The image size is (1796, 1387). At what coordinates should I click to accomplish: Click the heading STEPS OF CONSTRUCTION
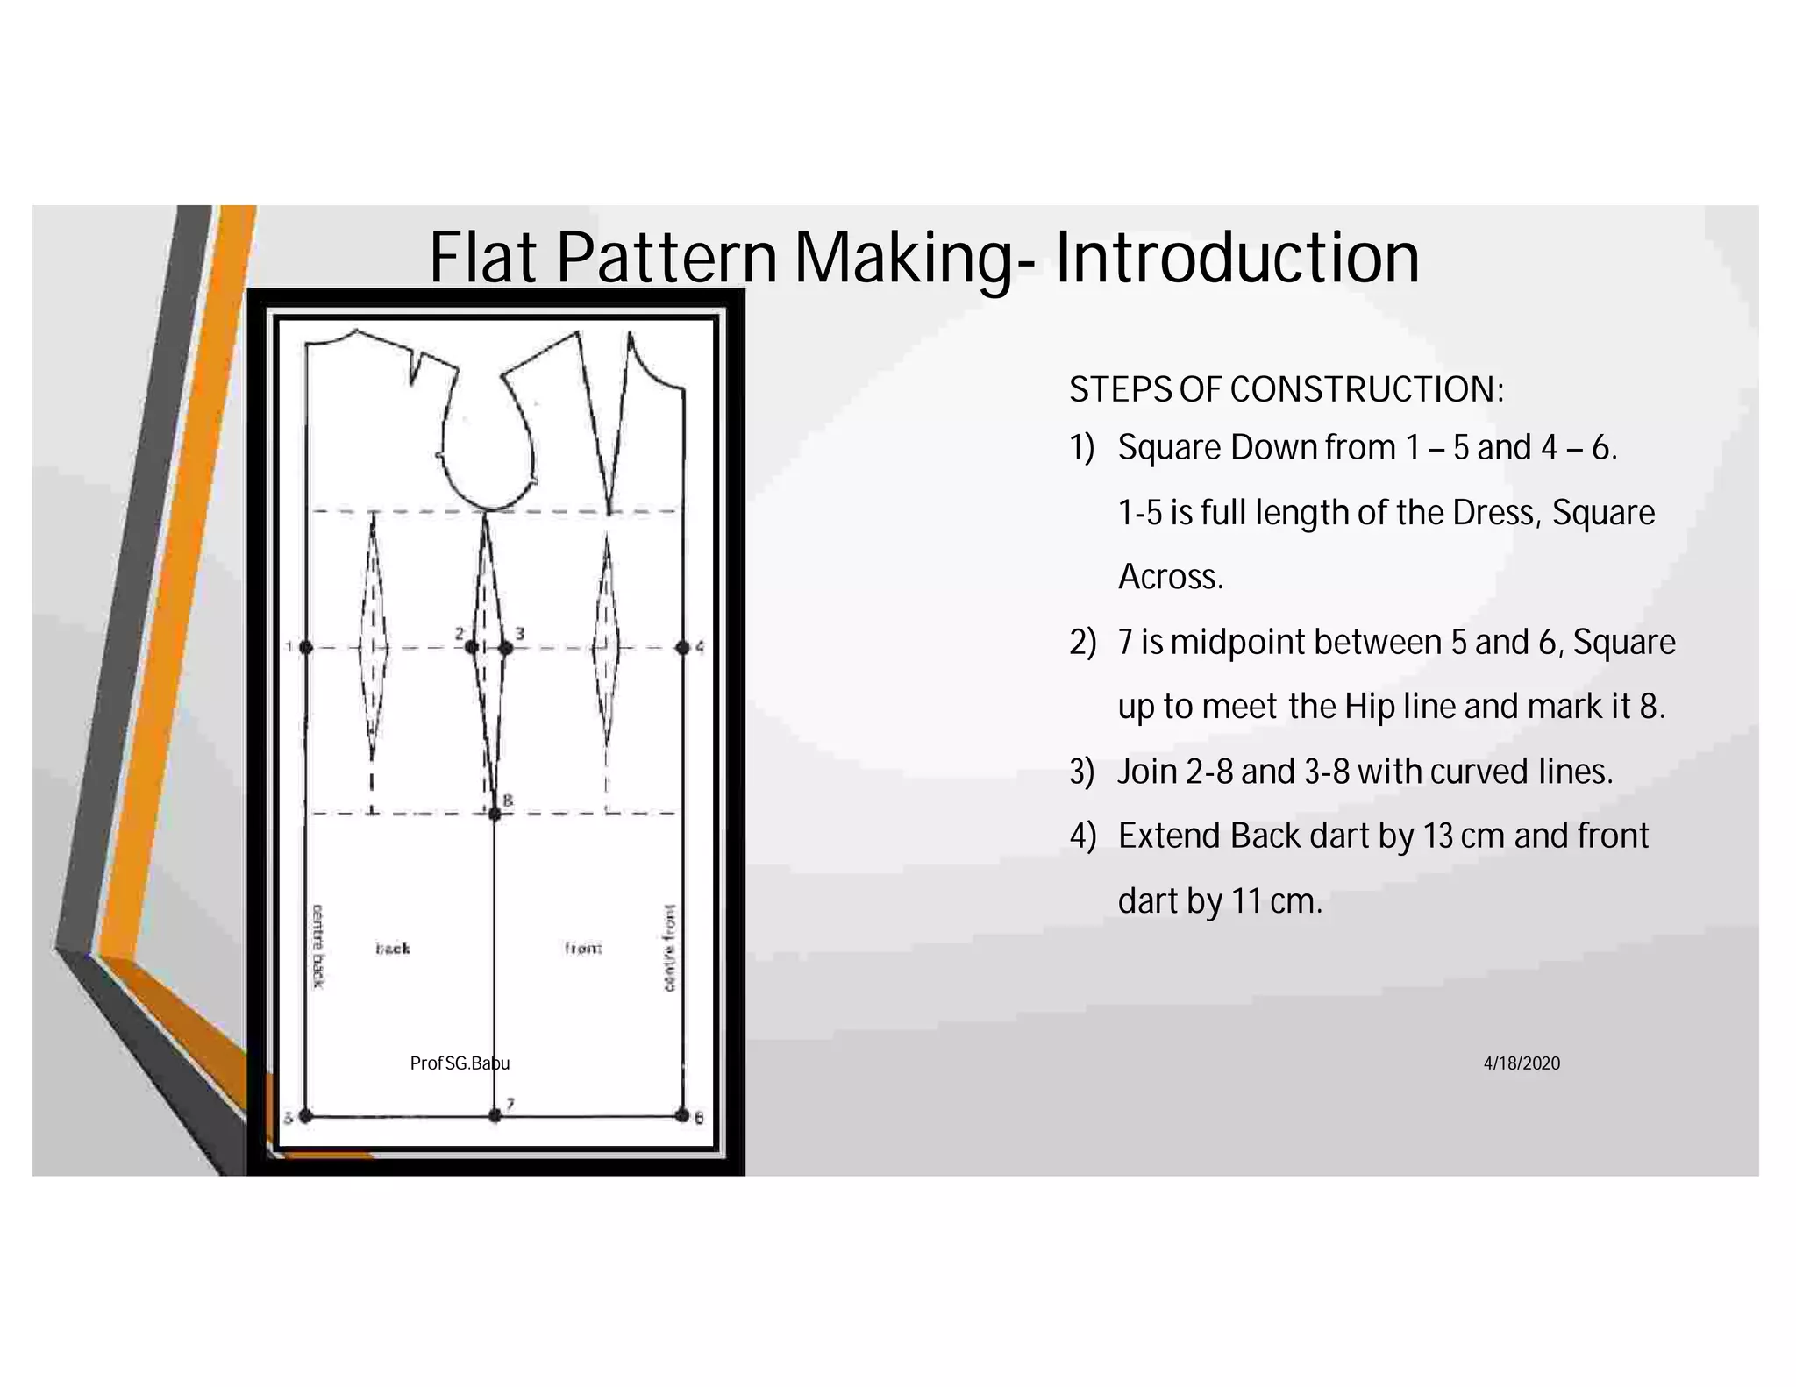(x=1286, y=389)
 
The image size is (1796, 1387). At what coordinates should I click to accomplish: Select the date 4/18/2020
(x=1522, y=1063)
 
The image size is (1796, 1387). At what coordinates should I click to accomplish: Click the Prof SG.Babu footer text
(x=459, y=1063)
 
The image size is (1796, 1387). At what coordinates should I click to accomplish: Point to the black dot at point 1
(x=305, y=647)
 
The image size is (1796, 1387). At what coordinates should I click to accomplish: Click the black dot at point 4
(x=682, y=647)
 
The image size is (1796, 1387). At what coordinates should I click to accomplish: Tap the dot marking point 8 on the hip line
(x=495, y=814)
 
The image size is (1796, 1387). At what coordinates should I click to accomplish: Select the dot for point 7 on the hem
(x=495, y=1115)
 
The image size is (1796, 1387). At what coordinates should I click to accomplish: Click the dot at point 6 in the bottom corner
(x=682, y=1115)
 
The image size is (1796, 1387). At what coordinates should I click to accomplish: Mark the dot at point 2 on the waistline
(x=471, y=647)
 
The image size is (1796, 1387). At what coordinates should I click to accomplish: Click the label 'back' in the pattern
(x=393, y=948)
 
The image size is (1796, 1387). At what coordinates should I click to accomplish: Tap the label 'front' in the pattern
(x=583, y=948)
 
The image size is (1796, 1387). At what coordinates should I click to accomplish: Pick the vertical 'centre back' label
(x=318, y=946)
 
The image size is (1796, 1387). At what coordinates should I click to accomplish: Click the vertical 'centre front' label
(x=670, y=948)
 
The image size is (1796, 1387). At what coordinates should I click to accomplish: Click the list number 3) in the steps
(x=1082, y=772)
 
